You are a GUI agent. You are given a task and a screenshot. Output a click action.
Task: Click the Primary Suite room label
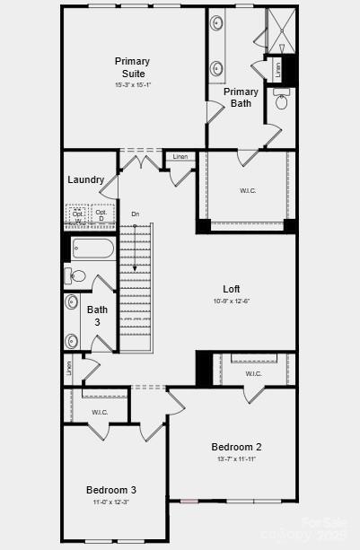point(132,66)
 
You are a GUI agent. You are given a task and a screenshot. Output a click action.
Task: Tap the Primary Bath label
point(241,97)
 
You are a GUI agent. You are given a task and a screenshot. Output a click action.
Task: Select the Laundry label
point(85,179)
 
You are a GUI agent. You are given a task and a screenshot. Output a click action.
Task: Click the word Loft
point(232,289)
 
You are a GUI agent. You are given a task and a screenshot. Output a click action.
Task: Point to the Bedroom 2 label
point(236,447)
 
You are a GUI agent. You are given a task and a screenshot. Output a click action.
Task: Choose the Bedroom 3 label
point(111,490)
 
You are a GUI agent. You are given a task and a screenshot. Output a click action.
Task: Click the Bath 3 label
point(97,316)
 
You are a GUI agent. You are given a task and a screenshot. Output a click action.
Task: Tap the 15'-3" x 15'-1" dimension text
point(132,85)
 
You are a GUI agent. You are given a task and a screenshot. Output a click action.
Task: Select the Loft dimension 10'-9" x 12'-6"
point(232,301)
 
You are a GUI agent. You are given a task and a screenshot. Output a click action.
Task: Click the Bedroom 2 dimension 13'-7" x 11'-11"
point(236,458)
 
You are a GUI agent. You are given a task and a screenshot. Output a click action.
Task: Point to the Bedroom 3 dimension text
point(111,502)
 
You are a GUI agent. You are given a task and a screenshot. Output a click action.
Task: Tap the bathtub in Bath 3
point(92,249)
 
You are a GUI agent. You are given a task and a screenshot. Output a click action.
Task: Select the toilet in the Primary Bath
point(281,101)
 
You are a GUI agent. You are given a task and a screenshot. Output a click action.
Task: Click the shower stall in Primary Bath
point(280,31)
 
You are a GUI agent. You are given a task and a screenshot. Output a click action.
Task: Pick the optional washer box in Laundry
point(78,216)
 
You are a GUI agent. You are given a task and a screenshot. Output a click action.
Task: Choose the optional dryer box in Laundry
point(101,216)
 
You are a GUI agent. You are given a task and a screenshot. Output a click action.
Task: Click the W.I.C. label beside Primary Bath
point(249,190)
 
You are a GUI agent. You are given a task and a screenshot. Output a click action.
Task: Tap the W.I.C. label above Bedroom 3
point(99,412)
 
